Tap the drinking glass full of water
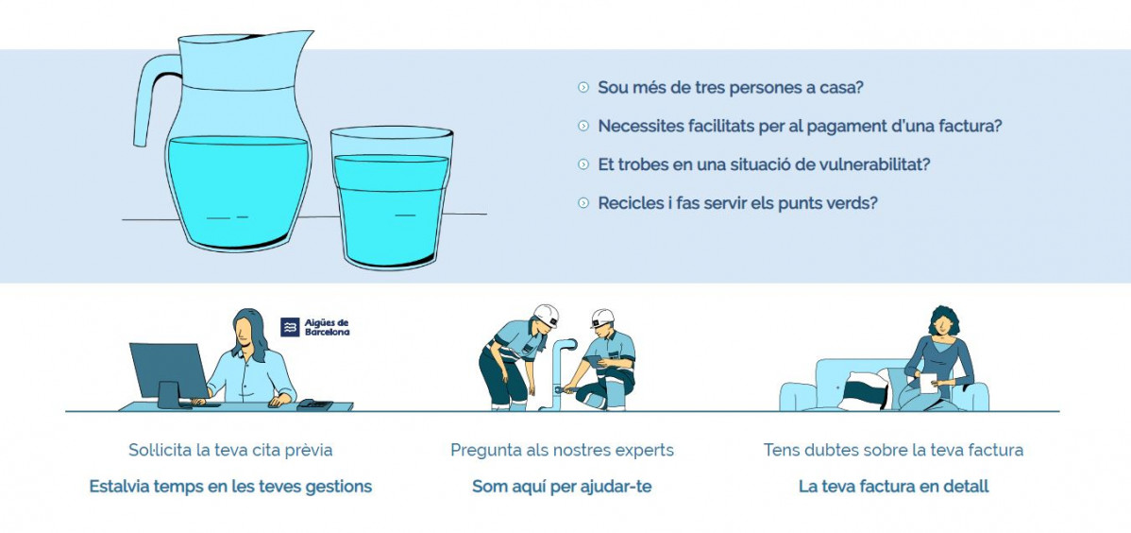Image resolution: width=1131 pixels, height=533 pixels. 392,198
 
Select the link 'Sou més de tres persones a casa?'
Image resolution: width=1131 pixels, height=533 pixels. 731,87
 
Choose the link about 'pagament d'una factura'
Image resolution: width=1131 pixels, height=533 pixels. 800,126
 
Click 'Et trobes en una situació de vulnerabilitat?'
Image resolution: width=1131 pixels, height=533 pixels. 764,163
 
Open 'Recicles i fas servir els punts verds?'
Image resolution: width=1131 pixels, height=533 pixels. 738,202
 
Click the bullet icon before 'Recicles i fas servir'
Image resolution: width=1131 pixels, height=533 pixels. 583,203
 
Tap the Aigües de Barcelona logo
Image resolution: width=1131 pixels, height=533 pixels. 315,327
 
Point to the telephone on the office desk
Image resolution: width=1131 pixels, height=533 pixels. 314,404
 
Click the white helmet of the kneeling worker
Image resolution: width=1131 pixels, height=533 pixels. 602,318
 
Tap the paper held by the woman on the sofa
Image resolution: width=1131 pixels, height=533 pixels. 928,383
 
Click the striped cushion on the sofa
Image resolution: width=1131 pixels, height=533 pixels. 864,390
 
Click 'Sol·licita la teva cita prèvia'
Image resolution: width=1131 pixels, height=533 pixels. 230,450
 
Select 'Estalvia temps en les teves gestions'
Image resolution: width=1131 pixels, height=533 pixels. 230,486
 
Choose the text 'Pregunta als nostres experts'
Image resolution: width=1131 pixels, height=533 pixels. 562,450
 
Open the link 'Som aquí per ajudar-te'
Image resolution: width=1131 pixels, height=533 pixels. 562,486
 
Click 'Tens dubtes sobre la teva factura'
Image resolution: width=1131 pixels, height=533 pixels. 893,450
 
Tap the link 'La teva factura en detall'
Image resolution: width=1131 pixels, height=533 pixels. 893,486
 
